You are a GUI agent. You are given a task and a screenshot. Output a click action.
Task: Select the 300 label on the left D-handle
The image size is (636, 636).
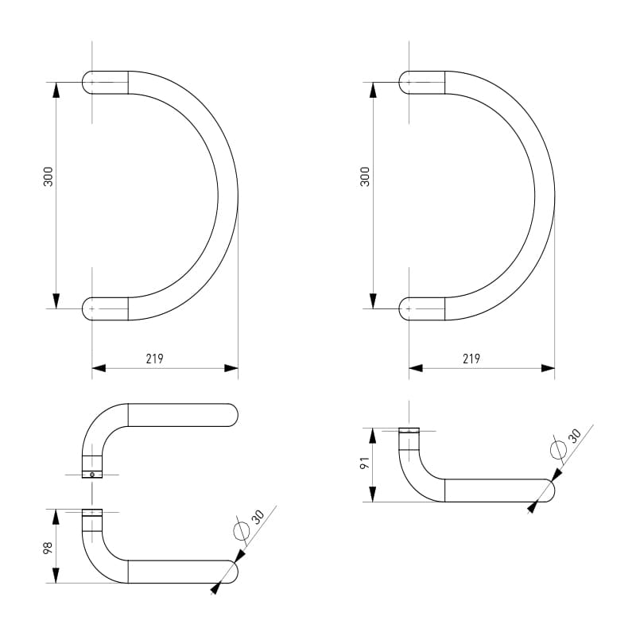click(x=48, y=176)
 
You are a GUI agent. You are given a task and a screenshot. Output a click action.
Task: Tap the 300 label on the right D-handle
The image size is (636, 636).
click(x=365, y=176)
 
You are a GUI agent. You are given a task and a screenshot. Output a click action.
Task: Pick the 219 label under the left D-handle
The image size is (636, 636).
click(x=154, y=359)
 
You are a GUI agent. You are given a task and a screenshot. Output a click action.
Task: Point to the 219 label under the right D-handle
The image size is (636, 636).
click(x=471, y=359)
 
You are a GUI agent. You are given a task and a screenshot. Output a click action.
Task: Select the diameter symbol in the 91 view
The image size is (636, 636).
click(x=558, y=450)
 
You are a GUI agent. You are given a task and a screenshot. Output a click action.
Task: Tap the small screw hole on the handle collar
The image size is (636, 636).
click(x=92, y=475)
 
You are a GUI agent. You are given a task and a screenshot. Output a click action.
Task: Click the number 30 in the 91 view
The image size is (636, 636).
click(x=575, y=435)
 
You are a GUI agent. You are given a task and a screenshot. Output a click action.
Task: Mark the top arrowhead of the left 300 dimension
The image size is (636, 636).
click(x=56, y=89)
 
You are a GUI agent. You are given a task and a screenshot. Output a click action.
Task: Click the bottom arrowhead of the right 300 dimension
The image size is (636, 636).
click(x=373, y=301)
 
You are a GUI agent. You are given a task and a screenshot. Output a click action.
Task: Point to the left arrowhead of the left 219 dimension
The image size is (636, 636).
click(x=99, y=368)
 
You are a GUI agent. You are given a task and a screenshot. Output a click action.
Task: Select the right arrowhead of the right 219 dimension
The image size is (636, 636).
click(x=548, y=368)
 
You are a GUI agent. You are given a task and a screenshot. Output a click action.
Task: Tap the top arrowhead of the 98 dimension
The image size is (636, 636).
click(x=56, y=517)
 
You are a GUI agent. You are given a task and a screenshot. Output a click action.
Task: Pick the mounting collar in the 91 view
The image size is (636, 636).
click(x=409, y=431)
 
